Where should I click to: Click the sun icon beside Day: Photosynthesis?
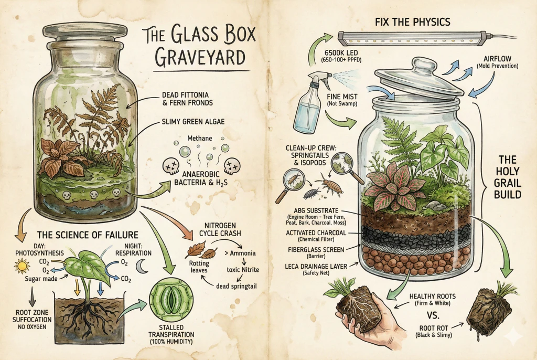(22, 267)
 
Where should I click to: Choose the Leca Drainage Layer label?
(314, 267)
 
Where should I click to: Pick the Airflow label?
(493, 62)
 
